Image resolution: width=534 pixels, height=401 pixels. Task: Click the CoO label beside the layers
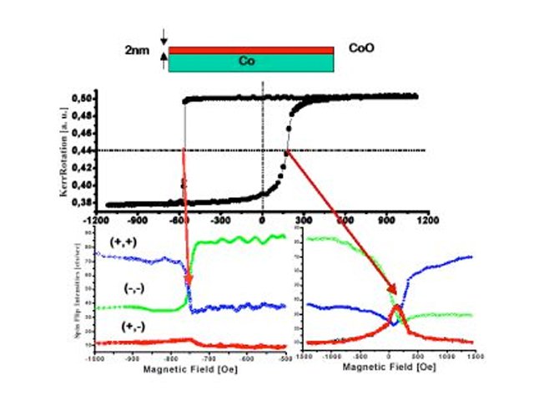coord(363,48)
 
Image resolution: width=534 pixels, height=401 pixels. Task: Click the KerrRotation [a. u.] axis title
coord(63,151)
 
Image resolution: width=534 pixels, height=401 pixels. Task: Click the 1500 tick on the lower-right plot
coord(472,355)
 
